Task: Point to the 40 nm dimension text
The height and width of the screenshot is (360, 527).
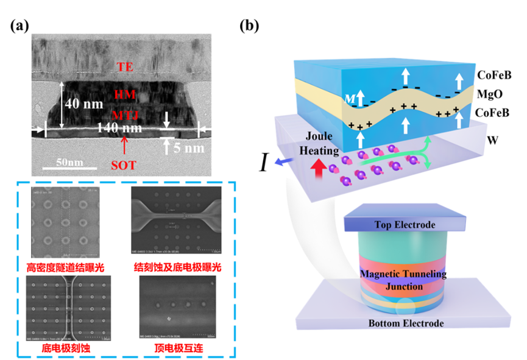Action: coord(83,104)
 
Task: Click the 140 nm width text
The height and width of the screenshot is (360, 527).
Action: coord(121,128)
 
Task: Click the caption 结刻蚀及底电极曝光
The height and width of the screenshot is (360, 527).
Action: coord(177,266)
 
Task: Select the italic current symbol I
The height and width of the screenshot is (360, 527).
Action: coord(266,163)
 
